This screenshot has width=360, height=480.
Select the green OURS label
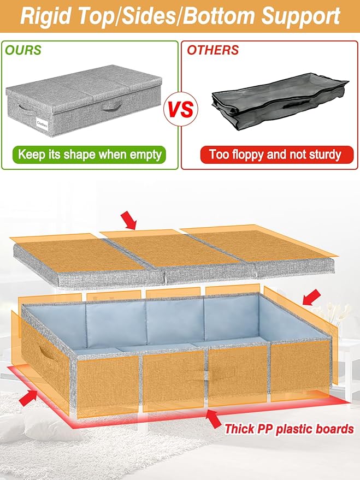[x=23, y=50]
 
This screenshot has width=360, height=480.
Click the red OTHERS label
[x=213, y=50]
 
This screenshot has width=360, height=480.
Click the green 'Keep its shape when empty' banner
[x=90, y=154]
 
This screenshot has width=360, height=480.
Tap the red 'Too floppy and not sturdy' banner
[x=270, y=154]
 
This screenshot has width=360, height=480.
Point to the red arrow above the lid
[x=129, y=221]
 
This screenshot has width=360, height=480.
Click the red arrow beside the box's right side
[x=310, y=297]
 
